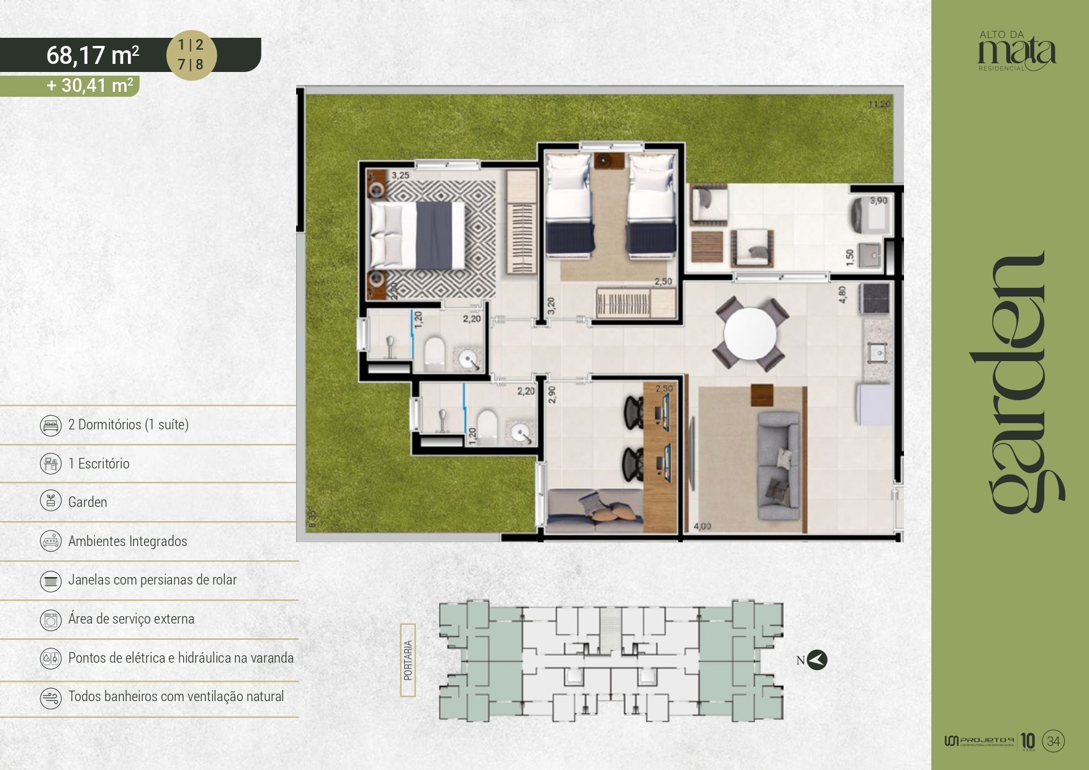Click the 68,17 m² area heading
(x=93, y=55)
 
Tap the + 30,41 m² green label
(x=90, y=85)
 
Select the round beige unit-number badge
(x=191, y=55)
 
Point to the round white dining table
(x=750, y=333)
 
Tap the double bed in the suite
(x=417, y=235)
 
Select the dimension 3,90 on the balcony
(x=878, y=200)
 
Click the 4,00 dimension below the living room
(x=702, y=526)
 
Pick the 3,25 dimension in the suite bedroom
(x=400, y=176)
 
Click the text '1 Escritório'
(x=99, y=463)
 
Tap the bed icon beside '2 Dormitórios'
(x=50, y=425)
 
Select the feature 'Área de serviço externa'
(x=131, y=619)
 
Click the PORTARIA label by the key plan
(x=408, y=660)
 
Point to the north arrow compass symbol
(x=817, y=660)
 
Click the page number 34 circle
(x=1053, y=741)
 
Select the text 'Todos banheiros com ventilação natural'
(x=176, y=696)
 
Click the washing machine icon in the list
(x=50, y=619)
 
